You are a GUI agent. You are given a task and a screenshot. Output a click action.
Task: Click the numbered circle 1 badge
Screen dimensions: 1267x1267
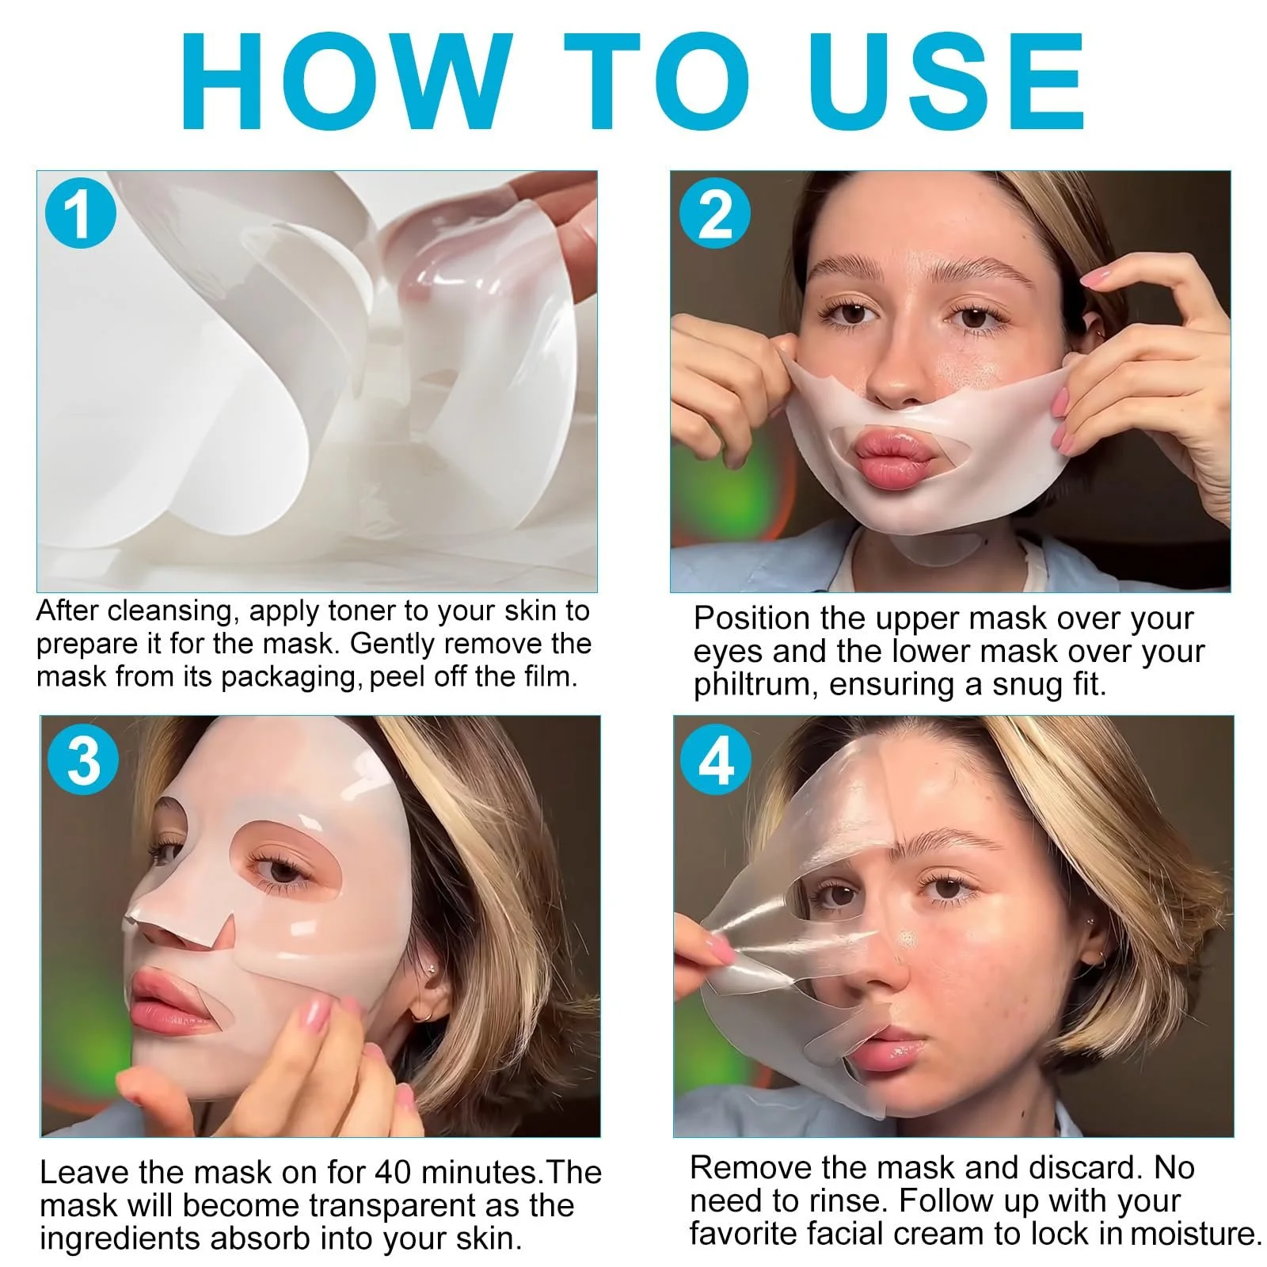tap(80, 213)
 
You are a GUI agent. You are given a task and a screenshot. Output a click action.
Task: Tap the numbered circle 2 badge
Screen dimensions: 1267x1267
tap(715, 213)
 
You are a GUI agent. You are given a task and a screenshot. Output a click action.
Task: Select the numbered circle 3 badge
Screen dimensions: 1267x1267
tap(83, 760)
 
